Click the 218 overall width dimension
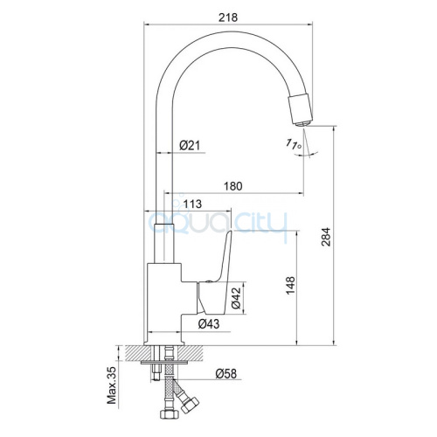228,17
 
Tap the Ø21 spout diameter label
190,145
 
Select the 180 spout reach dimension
233,186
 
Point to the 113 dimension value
192,204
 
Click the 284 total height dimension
327,237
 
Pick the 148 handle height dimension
290,286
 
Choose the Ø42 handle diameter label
237,298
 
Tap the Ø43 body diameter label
209,323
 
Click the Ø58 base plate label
226,373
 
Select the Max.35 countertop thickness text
112,385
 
